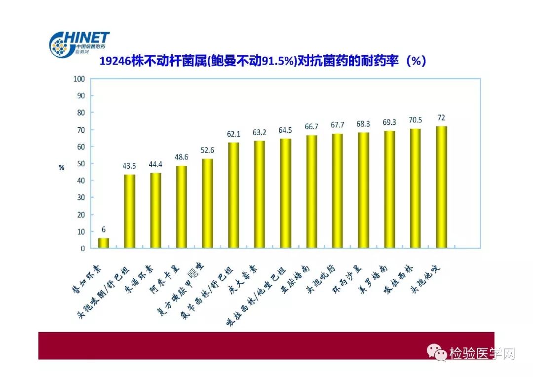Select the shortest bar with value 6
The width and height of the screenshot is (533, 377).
point(103,243)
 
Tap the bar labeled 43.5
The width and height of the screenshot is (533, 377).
point(129,211)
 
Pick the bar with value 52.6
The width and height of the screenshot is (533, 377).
point(208,203)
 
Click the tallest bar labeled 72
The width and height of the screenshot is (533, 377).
point(442,188)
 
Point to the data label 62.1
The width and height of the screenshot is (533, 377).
point(233,134)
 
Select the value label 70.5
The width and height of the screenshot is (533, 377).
point(416,119)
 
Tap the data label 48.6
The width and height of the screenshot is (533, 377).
point(182,157)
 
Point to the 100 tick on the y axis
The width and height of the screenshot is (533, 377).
point(79,79)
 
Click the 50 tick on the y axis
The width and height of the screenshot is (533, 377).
point(81,164)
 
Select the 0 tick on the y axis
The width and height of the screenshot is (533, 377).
point(83,249)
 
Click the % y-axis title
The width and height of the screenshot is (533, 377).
point(62,167)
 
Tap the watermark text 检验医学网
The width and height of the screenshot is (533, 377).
point(482,353)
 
